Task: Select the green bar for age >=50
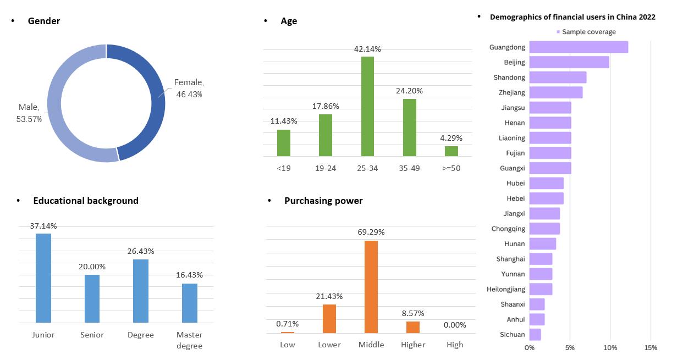tap(451, 151)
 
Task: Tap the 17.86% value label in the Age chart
tap(326, 106)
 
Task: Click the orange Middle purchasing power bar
tap(371, 286)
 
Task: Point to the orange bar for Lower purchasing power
tap(329, 318)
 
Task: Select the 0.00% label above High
tap(455, 325)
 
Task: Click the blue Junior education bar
tap(43, 278)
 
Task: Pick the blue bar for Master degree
tap(190, 303)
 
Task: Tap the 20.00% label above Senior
tap(92, 267)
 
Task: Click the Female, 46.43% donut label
tap(189, 88)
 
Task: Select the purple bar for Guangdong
tap(579, 47)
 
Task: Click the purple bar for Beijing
tap(569, 62)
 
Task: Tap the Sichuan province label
tap(513, 334)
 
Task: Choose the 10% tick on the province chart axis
tap(610, 347)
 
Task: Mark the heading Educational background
tap(86, 201)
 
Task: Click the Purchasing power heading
tap(323, 201)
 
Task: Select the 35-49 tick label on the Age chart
tap(409, 168)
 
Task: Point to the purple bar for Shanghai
tap(541, 259)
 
